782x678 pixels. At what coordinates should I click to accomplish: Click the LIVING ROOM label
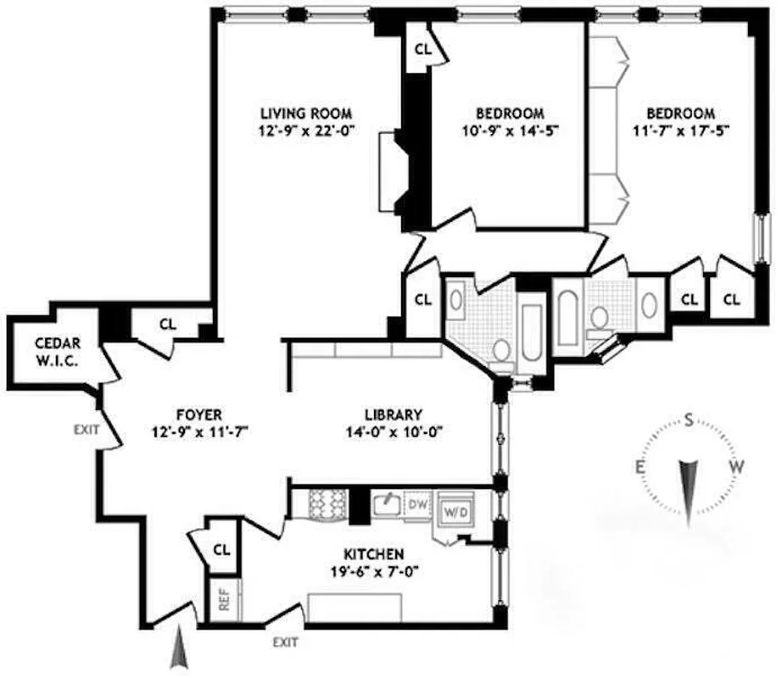(x=305, y=113)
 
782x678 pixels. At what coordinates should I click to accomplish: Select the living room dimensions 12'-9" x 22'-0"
(x=305, y=131)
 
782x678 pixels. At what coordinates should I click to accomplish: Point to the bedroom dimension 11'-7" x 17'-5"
(x=680, y=131)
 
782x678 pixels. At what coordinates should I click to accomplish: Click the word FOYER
(x=176, y=414)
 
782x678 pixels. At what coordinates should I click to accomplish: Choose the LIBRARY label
(x=393, y=414)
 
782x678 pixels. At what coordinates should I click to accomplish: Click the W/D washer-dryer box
(x=450, y=510)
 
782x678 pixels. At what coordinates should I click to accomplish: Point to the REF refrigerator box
(x=224, y=601)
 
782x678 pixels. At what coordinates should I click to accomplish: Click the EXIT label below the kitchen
(x=285, y=642)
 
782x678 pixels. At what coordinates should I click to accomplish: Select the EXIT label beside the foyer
(x=86, y=429)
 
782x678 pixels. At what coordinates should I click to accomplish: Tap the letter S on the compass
(x=690, y=420)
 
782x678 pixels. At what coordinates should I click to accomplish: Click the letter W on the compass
(x=738, y=466)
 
